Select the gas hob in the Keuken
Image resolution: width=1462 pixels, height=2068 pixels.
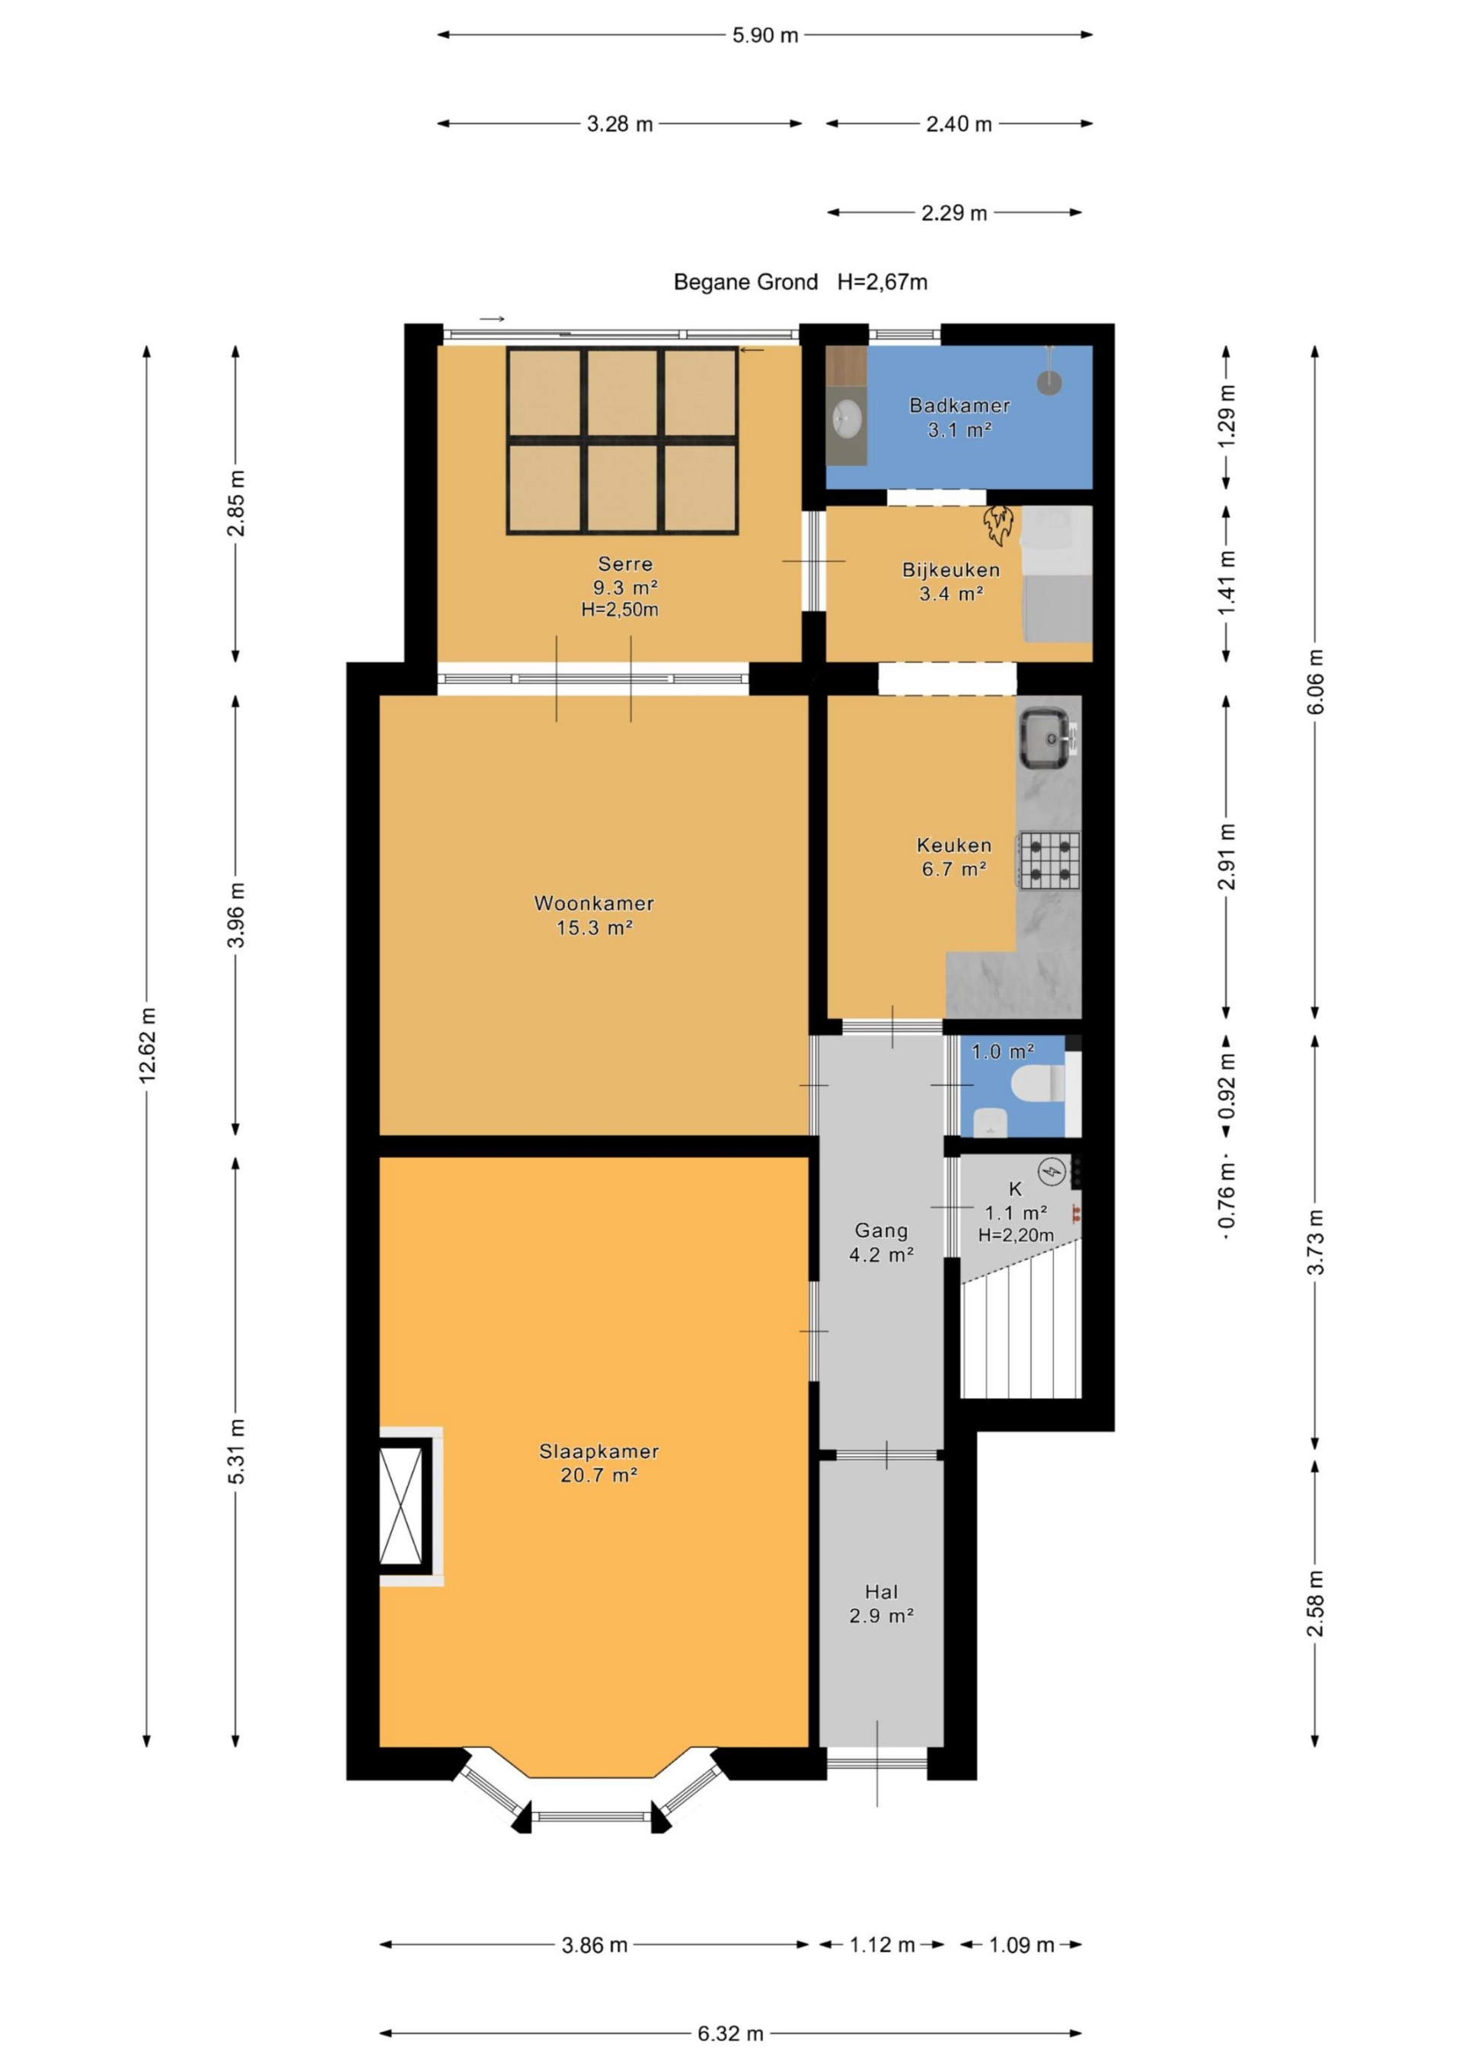point(1049,860)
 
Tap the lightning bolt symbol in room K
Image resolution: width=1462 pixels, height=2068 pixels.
point(1052,1172)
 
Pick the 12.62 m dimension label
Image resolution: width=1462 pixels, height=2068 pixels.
point(148,1045)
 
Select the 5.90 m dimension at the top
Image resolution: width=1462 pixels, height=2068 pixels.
point(765,35)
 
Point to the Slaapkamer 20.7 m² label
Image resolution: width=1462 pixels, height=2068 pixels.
point(599,1463)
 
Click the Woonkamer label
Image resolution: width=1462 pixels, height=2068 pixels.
point(595,903)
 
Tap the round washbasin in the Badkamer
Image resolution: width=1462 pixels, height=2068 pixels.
point(847,418)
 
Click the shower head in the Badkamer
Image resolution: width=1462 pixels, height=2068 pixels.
point(1049,381)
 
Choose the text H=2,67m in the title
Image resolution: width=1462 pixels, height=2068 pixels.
point(882,282)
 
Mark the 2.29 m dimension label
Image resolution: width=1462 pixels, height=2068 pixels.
point(954,212)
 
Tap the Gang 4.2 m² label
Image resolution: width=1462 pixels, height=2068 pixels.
point(882,1242)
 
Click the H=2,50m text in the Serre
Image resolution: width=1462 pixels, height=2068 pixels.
point(620,610)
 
